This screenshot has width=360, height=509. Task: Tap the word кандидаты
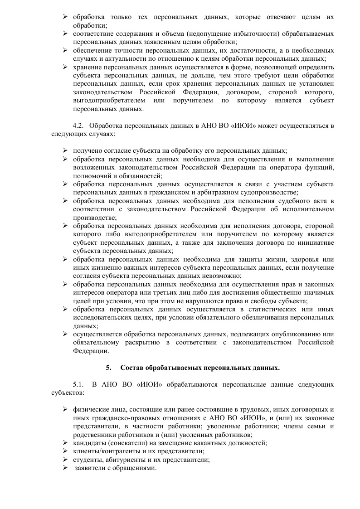click(x=89, y=443)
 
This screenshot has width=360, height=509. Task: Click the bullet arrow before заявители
click(x=65, y=468)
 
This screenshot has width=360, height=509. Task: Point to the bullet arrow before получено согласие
click(x=65, y=150)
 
